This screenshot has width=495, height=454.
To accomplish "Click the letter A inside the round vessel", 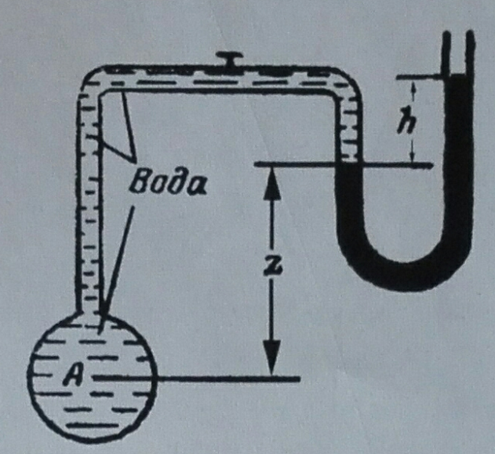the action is click(74, 375).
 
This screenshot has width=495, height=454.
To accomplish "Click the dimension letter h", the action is click(407, 120).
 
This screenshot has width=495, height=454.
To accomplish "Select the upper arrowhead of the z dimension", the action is click(272, 183).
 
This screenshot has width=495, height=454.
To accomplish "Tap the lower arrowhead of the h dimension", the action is click(412, 156).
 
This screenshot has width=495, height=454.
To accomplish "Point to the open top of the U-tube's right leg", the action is click(457, 34).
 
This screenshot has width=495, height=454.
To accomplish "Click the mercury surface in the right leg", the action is click(457, 75).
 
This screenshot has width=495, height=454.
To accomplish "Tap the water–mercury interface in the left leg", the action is click(349, 163).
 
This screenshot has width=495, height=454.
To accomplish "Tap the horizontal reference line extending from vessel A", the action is click(196, 378).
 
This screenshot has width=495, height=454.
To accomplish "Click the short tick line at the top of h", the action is click(419, 76).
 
